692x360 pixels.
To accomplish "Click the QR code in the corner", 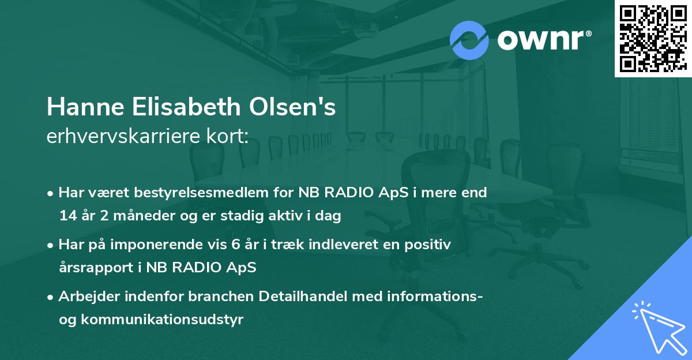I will (653, 39).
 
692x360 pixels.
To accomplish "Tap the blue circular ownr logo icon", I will (469, 40).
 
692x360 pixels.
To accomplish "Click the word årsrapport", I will (95, 268).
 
